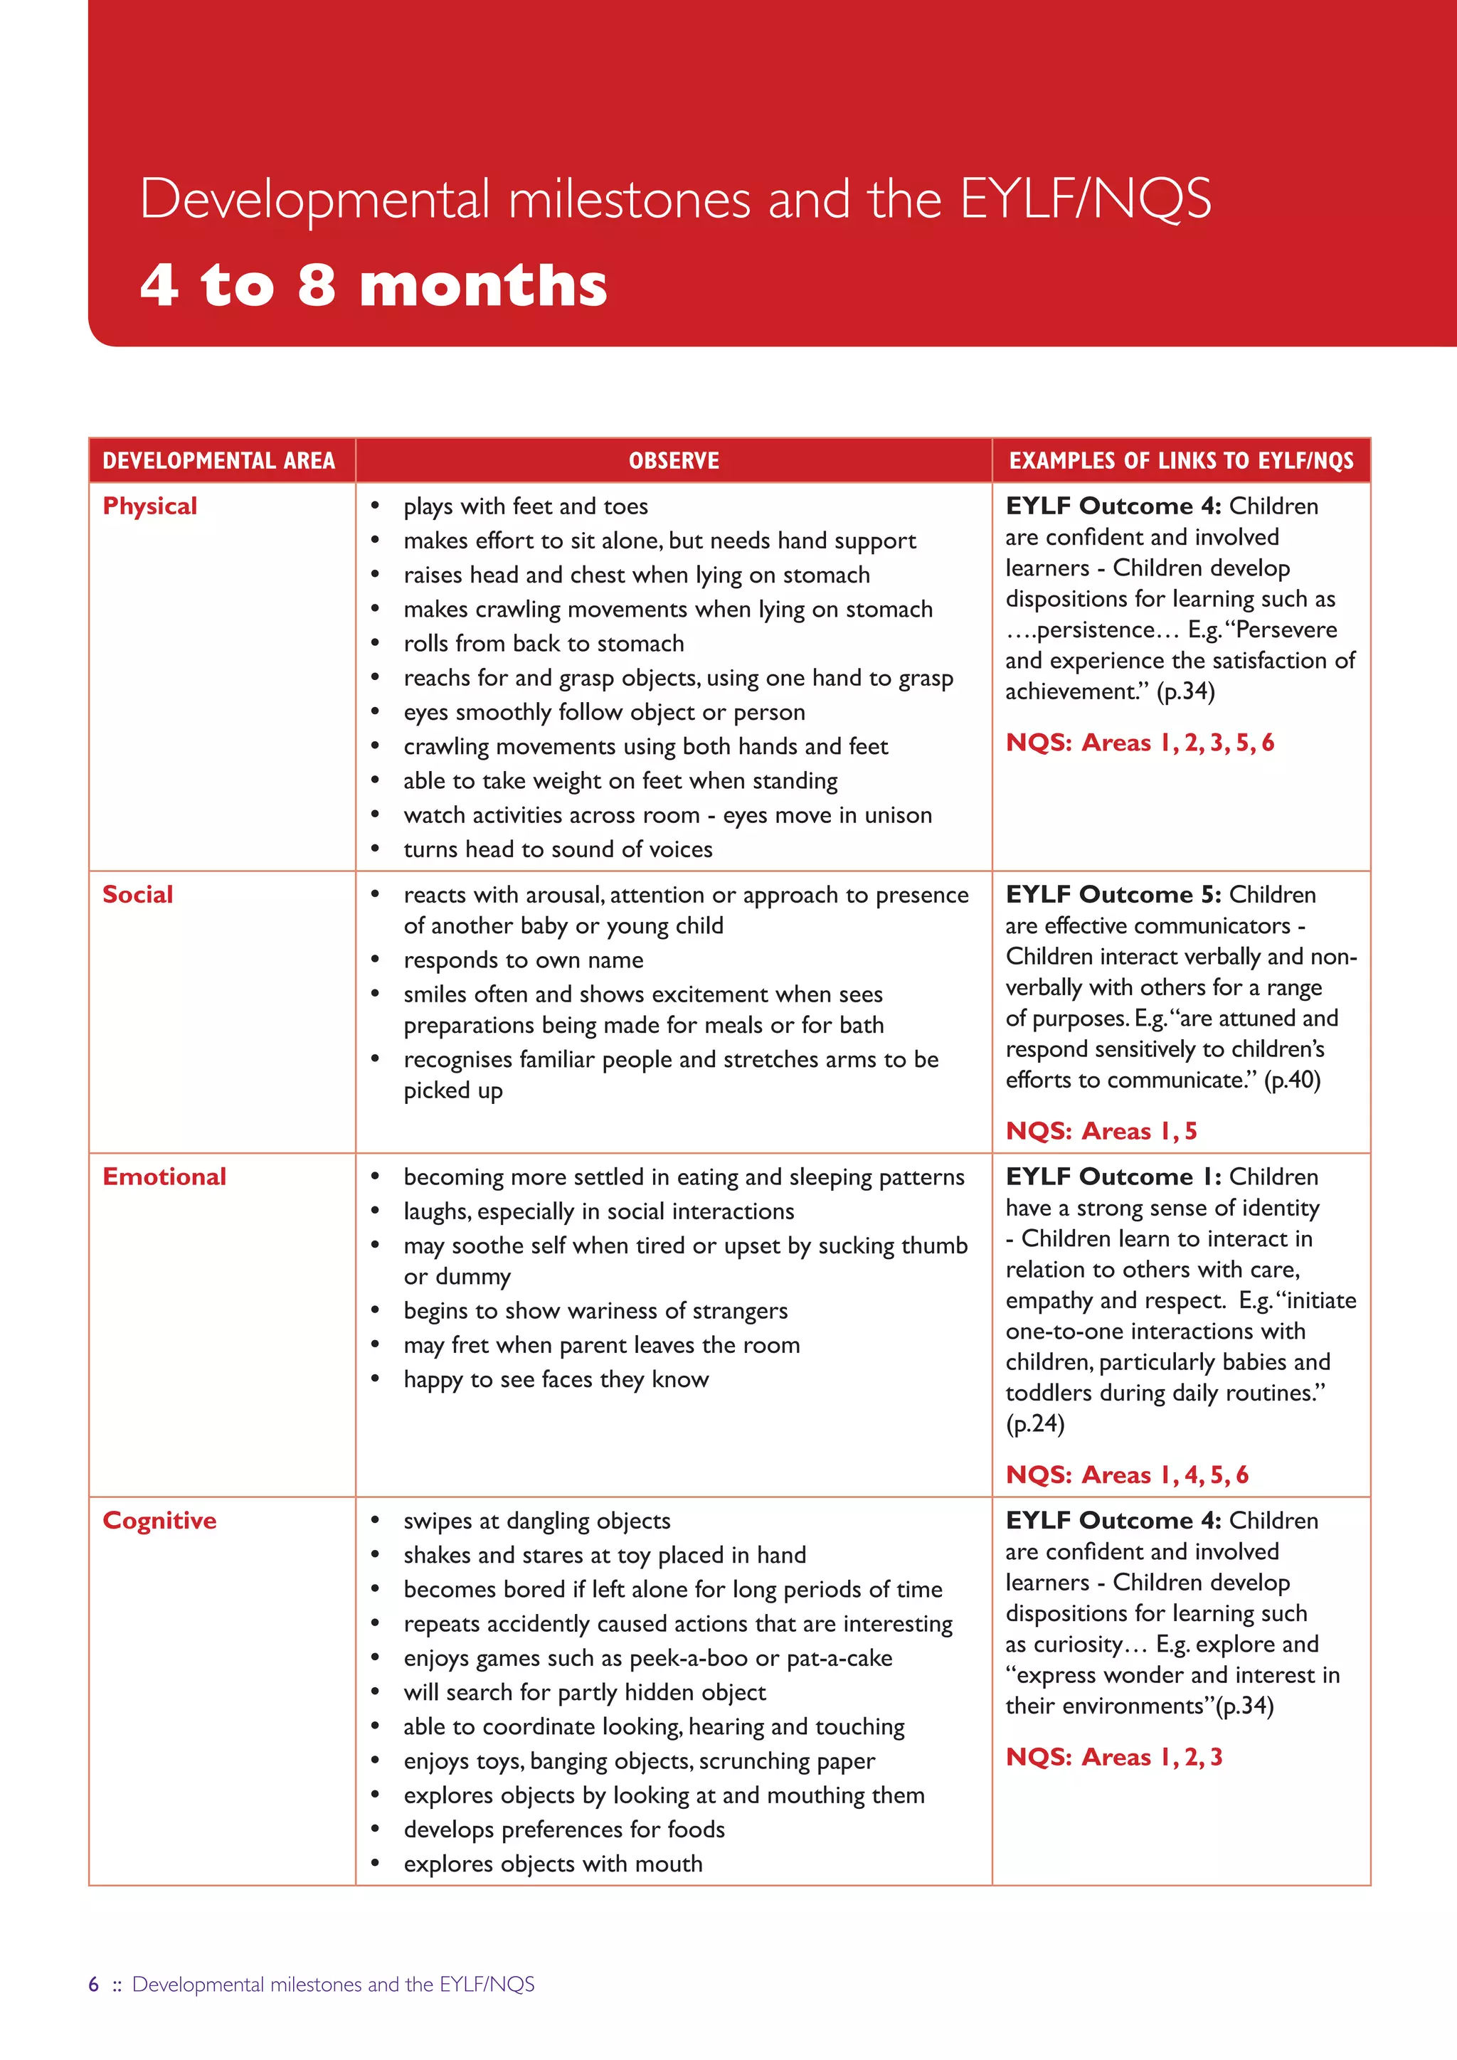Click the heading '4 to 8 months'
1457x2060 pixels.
pyautogui.click(x=373, y=285)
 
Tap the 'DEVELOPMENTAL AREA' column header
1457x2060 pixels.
pyautogui.click(x=219, y=461)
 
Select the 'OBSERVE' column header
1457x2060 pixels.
pyautogui.click(x=674, y=461)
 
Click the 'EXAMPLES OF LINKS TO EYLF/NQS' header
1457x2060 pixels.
pyautogui.click(x=1181, y=461)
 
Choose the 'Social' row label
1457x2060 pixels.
pyautogui.click(x=137, y=895)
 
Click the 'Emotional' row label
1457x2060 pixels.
pyautogui.click(x=164, y=1177)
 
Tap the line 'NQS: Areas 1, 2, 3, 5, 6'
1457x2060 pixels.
pyautogui.click(x=1140, y=743)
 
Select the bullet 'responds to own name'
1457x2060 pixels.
pyautogui.click(x=523, y=960)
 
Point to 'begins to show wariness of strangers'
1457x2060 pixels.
pyautogui.click(x=595, y=1311)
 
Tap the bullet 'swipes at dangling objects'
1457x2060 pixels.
pyautogui.click(x=536, y=1521)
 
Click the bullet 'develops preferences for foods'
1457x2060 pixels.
pyautogui.click(x=563, y=1830)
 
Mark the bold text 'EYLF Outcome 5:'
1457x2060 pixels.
pyautogui.click(x=1113, y=895)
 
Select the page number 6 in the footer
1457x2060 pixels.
pyautogui.click(x=93, y=1985)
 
